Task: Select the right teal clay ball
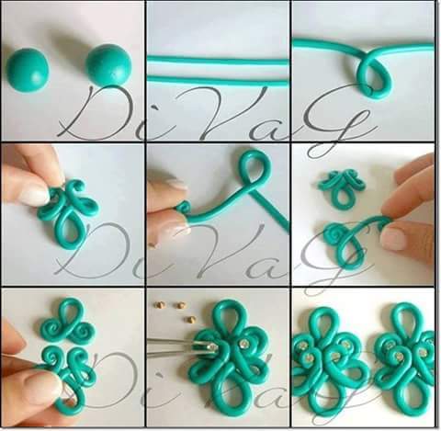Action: (x=108, y=64)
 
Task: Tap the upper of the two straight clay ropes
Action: (x=218, y=60)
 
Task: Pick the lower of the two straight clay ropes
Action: (x=218, y=79)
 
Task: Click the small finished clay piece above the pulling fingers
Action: (x=341, y=187)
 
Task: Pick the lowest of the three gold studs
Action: (x=191, y=319)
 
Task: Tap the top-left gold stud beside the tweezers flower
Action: (x=160, y=305)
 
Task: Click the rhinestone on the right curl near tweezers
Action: (x=244, y=342)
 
